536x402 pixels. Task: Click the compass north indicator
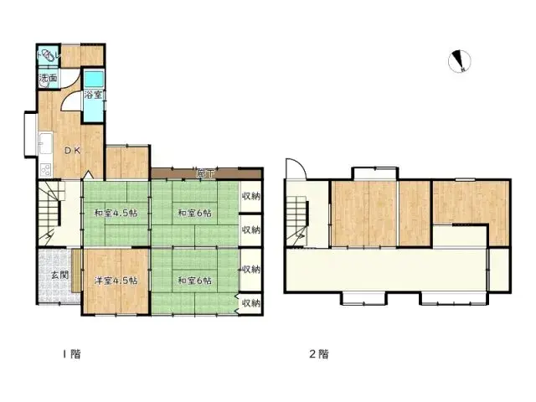(x=460, y=61)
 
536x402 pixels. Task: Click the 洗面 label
(x=48, y=80)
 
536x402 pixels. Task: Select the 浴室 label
(x=95, y=95)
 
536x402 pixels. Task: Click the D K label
(x=73, y=151)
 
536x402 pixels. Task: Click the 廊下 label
(x=204, y=173)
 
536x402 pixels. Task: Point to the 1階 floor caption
(x=72, y=354)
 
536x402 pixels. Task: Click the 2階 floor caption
(x=319, y=354)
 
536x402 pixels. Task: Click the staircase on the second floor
(x=297, y=217)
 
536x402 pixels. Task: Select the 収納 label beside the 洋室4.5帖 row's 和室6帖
(x=250, y=270)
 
